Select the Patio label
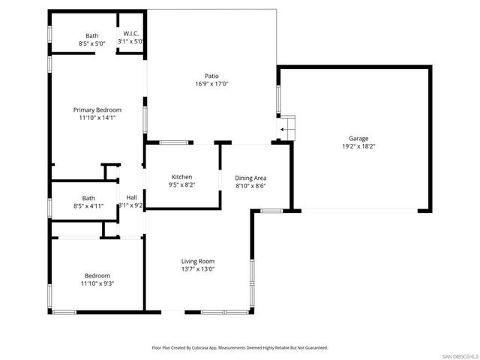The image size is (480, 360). (x=211, y=76)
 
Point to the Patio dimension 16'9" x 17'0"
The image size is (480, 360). (x=211, y=84)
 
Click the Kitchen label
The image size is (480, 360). (x=182, y=176)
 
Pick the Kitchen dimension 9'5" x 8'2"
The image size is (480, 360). (x=182, y=184)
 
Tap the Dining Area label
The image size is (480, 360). (x=250, y=178)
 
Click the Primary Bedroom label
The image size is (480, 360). (x=97, y=109)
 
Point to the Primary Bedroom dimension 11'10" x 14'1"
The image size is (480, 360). (x=97, y=118)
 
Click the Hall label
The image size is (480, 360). (x=131, y=197)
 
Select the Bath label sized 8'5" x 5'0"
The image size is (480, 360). (x=91, y=35)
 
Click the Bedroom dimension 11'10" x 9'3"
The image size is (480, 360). (x=97, y=283)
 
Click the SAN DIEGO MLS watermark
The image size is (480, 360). (x=458, y=355)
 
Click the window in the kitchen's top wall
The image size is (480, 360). (x=173, y=142)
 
